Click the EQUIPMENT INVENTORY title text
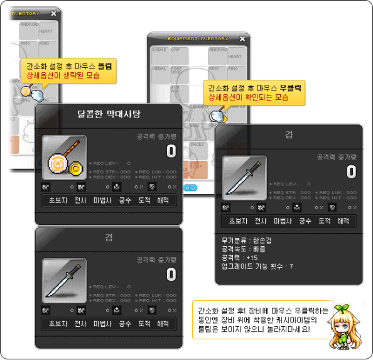[192, 38]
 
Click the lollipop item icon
[64, 158]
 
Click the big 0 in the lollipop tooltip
[171, 151]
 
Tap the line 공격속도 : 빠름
[240, 249]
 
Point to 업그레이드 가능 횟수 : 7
[257, 266]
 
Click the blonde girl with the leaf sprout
[345, 326]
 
